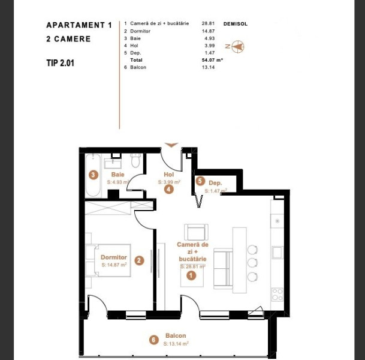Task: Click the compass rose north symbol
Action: pos(237,46)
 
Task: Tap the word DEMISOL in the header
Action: pos(236,24)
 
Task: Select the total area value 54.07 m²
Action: pos(212,60)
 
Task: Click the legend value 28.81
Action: pos(208,23)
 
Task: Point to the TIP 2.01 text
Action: pos(61,63)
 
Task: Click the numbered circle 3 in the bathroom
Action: pos(93,175)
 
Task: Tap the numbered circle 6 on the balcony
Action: pos(153,340)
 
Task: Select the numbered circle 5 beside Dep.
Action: pos(200,181)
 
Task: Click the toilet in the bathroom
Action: pos(135,160)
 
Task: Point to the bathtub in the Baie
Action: pos(93,175)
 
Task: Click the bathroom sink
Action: pos(113,163)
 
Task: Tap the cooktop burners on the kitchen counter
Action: pos(277,295)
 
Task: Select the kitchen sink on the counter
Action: pos(277,253)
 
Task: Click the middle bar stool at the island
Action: pos(252,263)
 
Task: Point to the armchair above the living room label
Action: pos(196,232)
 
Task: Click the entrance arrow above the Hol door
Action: pos(171,145)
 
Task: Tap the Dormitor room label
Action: pos(114,257)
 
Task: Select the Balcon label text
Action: pos(176,336)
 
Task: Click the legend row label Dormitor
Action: pos(140,31)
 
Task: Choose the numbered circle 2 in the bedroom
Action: pos(139,260)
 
